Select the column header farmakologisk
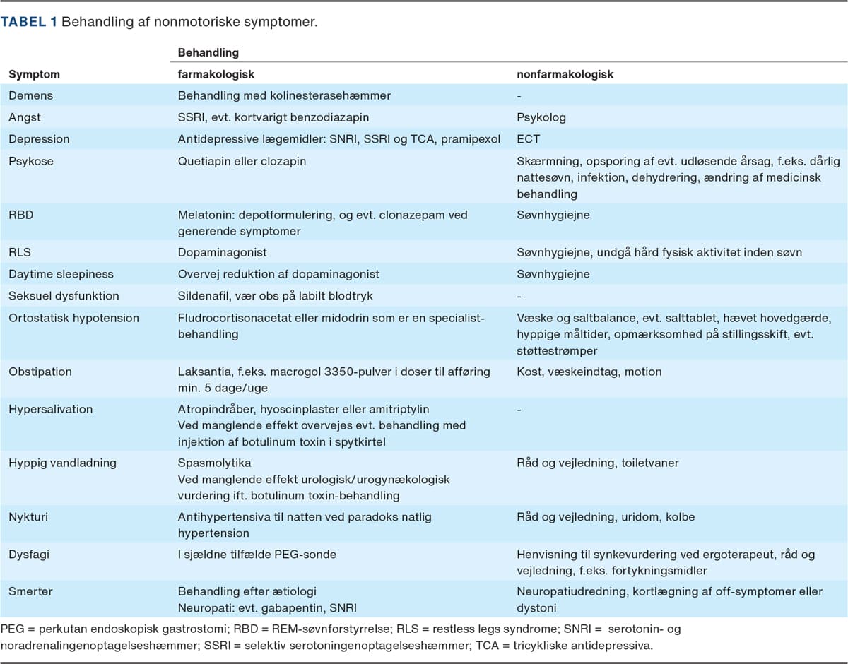click(x=216, y=74)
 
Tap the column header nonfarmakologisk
click(x=566, y=74)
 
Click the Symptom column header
click(x=34, y=74)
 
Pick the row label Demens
click(x=30, y=95)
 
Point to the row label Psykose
click(x=31, y=161)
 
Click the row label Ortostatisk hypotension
click(x=73, y=318)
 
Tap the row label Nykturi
click(x=28, y=517)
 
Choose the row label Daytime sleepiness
click(x=61, y=274)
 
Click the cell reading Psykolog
click(x=541, y=117)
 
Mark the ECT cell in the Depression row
click(x=527, y=139)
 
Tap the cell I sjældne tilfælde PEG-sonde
click(x=257, y=555)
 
